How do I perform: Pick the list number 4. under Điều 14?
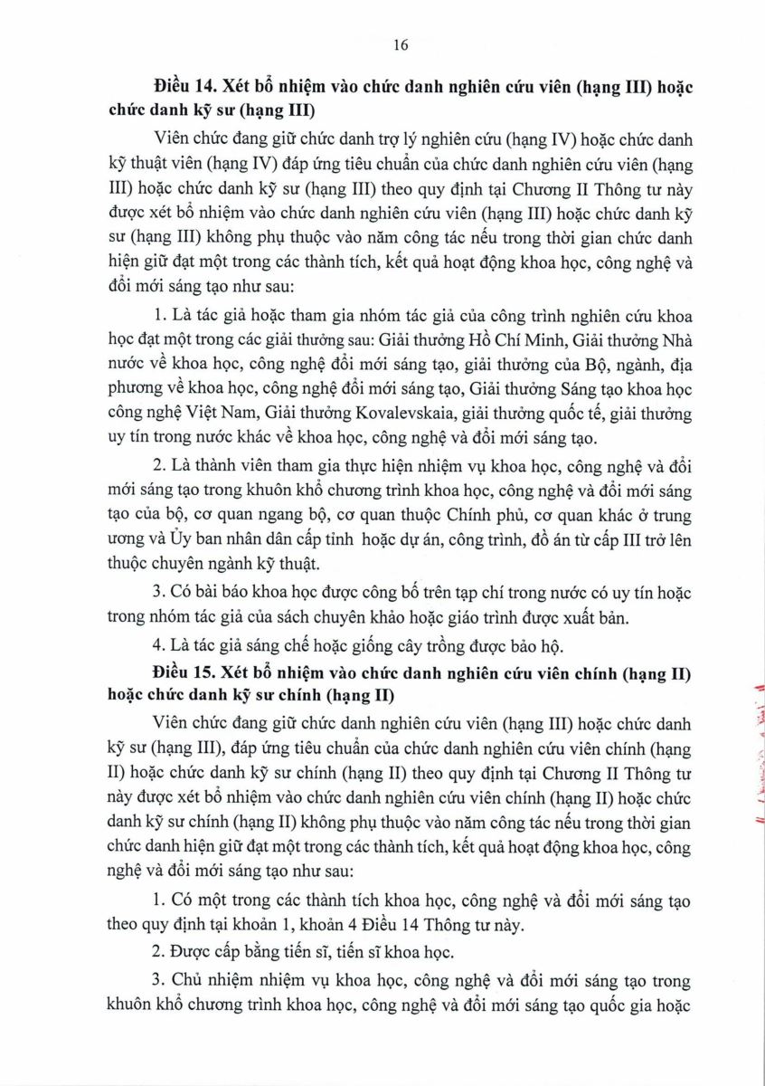tap(162, 646)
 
